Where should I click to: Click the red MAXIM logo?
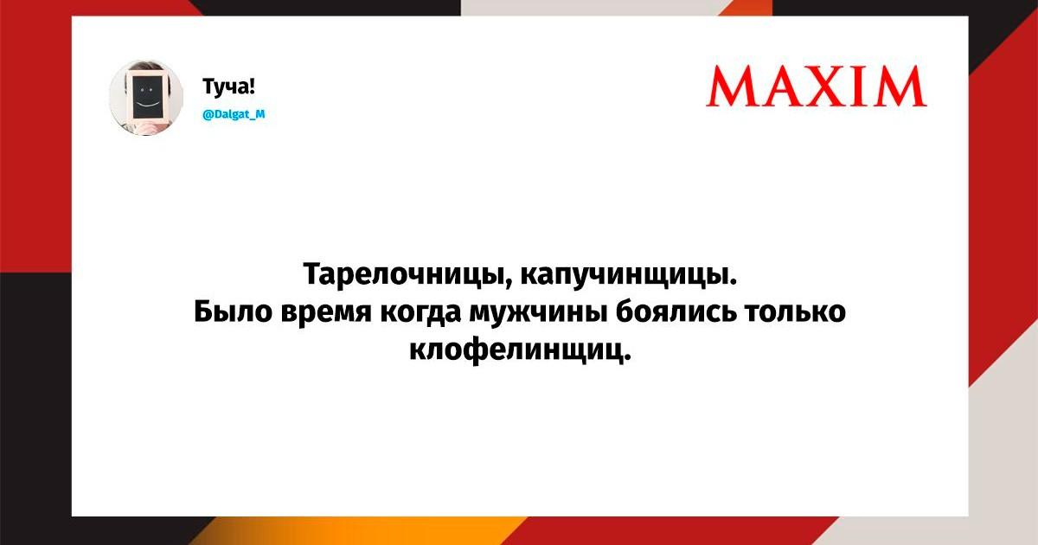point(817,87)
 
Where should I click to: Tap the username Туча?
point(229,87)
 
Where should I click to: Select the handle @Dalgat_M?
point(234,114)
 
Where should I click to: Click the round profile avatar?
point(146,98)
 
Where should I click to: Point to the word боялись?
point(676,311)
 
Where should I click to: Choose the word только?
point(795,311)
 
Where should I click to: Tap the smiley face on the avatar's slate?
point(146,97)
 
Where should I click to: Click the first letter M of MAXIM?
point(731,87)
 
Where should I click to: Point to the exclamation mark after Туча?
point(251,87)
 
